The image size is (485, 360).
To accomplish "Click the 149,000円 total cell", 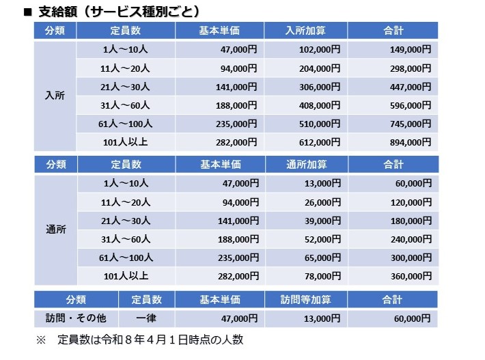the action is (393, 49).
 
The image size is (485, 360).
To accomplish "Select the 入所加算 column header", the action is (305, 31).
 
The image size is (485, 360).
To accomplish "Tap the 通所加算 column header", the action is (307, 164).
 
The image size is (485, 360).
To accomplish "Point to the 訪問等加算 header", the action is (305, 299).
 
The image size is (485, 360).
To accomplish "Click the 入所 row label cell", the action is (55, 96).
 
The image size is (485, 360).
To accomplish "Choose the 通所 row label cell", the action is (56, 230).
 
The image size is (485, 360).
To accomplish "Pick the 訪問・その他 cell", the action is (76, 318).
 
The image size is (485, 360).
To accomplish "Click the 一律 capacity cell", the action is (146, 318).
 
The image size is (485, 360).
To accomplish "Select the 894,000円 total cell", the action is (393, 142).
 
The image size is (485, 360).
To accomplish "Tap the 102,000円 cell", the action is (305, 49).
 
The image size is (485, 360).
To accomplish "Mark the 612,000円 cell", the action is (305, 142).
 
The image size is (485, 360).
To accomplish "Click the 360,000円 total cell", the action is (393, 276).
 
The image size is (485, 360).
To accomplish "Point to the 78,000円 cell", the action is (307, 276).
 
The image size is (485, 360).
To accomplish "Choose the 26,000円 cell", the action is (307, 202).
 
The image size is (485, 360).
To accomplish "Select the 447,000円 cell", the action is (393, 87).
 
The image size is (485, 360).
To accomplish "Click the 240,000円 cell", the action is (393, 239).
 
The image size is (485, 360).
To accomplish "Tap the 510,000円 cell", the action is (305, 124).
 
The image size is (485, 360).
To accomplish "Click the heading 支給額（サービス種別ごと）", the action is (120, 12).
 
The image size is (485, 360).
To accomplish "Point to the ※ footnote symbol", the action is (41, 340).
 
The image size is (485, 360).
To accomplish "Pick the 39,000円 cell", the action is (307, 221).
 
